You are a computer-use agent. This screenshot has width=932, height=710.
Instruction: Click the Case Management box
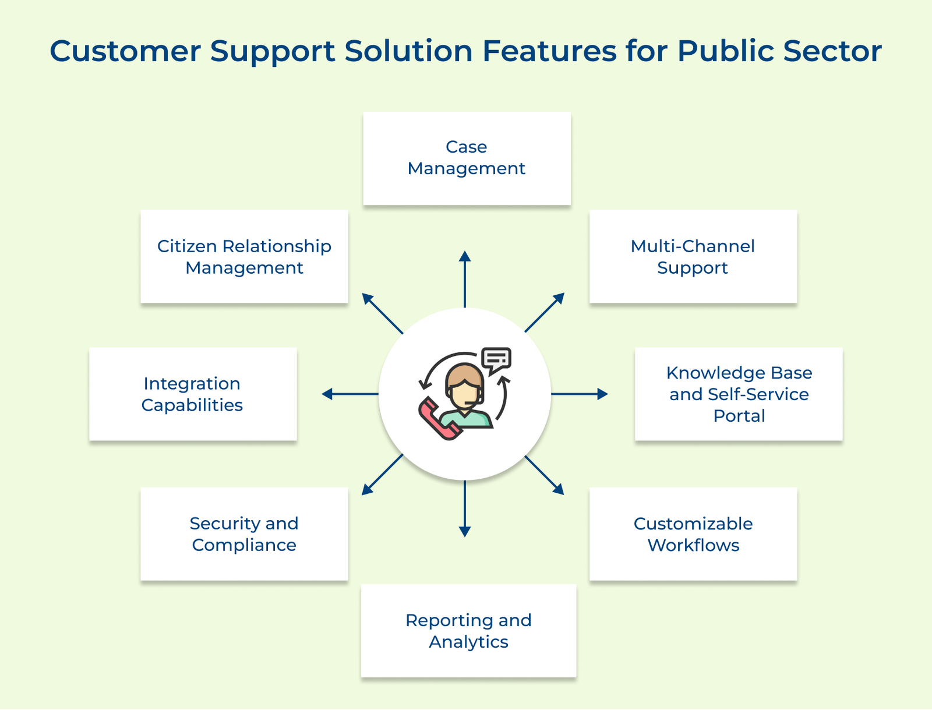pyautogui.click(x=467, y=158)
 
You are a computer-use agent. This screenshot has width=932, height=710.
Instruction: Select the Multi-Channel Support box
pyautogui.click(x=693, y=256)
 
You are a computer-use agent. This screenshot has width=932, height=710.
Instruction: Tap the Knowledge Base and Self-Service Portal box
pyautogui.click(x=739, y=394)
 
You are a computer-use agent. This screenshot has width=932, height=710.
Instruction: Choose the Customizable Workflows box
pyautogui.click(x=693, y=534)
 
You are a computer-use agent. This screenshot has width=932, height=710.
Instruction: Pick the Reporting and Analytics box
pyautogui.click(x=468, y=630)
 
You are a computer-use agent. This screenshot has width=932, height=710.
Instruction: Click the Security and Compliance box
pyautogui.click(x=244, y=534)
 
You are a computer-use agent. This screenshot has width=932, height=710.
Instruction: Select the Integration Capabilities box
pyautogui.click(x=193, y=394)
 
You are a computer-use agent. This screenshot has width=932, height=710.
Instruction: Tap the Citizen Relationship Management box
pyautogui.click(x=244, y=256)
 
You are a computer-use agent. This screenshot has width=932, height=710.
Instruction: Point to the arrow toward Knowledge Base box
pyautogui.click(x=579, y=394)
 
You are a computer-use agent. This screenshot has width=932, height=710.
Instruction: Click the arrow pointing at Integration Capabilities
pyautogui.click(x=350, y=394)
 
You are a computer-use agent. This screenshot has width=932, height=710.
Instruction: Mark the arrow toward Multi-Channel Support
pyautogui.click(x=545, y=312)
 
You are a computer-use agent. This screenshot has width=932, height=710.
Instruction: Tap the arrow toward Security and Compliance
pyautogui.click(x=382, y=475)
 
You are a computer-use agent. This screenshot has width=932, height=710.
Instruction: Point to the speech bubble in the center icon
pyautogui.click(x=496, y=359)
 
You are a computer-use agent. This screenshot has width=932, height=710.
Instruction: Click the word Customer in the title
pyautogui.click(x=125, y=51)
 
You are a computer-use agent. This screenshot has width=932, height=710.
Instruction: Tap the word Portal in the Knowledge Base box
pyautogui.click(x=739, y=416)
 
